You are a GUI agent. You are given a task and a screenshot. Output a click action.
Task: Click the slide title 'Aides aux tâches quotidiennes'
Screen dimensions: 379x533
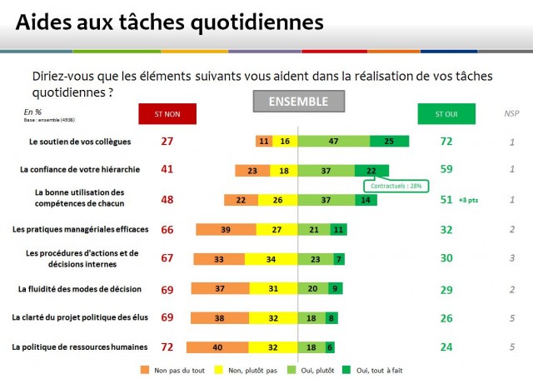[169, 21]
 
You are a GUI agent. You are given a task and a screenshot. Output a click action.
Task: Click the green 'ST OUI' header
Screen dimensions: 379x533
[446, 113]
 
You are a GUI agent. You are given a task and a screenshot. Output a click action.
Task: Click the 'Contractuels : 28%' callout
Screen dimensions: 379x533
[394, 186]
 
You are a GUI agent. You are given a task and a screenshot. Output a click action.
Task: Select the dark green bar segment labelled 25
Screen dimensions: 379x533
[390, 142]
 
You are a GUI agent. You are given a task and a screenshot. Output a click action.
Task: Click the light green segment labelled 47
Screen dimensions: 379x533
[334, 142]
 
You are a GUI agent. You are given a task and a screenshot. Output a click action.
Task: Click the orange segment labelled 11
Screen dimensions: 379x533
[264, 142]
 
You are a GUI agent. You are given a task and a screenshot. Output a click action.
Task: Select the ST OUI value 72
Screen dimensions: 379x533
[446, 142]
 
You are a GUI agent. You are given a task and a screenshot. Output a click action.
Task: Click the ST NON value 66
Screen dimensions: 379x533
[167, 229]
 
